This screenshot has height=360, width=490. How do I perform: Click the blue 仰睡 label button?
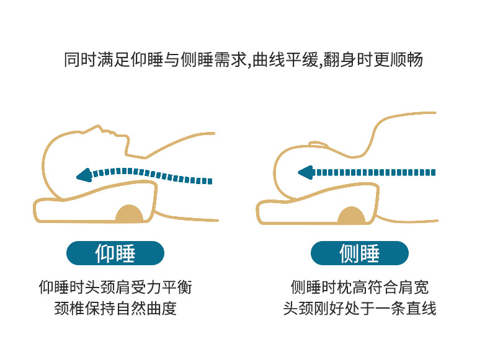click(115, 253)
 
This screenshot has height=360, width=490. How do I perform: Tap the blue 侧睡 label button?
click(359, 253)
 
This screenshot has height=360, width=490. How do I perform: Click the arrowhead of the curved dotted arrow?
click(82, 176)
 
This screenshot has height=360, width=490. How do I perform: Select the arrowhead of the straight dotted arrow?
click(303, 172)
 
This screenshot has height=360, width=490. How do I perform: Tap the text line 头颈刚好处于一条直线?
click(360, 308)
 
